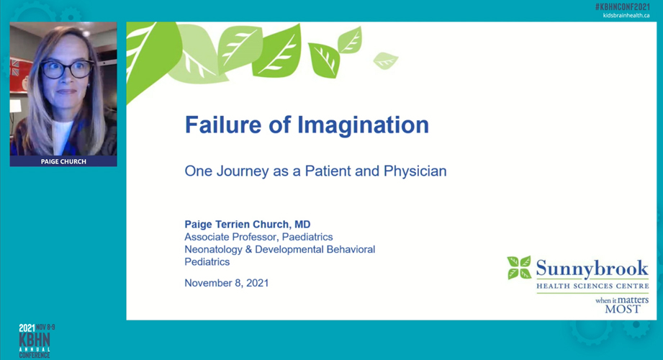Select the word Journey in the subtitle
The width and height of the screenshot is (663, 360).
[243, 171]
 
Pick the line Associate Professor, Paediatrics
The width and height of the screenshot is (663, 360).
[258, 237]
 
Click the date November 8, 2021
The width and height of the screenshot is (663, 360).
[226, 283]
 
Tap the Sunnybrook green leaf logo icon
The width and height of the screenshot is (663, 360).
[518, 268]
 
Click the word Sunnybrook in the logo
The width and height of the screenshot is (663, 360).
[592, 269]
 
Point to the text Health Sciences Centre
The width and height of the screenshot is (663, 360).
[592, 286]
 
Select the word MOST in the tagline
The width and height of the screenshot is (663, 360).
[623, 309]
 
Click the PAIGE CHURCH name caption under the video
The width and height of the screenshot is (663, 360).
[63, 161]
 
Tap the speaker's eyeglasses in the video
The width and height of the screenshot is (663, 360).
[66, 70]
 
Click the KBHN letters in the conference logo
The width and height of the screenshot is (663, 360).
[35, 339]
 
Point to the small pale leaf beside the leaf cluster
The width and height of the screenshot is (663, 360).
[385, 60]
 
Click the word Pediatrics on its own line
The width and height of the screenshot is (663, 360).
[207, 262]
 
